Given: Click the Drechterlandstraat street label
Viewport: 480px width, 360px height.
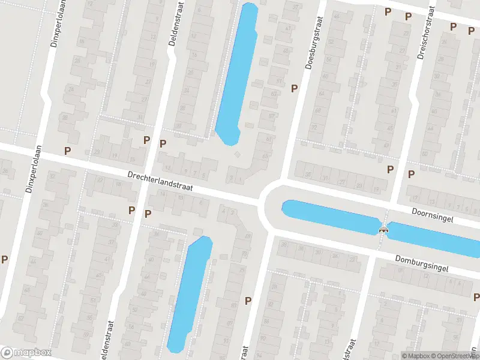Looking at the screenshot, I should pos(160,181).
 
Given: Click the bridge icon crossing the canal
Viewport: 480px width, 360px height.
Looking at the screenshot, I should pos(383,229).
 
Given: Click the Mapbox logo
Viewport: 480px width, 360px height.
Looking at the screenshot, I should pos(26,352).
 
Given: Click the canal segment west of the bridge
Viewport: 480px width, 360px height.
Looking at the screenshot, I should pos(330,216).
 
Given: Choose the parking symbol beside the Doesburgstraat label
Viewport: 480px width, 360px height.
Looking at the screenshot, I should pos(294,88).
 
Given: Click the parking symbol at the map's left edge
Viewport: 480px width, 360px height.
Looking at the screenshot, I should pos(5,260).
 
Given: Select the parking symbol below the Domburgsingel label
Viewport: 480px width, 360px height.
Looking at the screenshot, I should pos(476,297).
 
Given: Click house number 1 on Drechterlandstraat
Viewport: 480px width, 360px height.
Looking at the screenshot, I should pos(240,179).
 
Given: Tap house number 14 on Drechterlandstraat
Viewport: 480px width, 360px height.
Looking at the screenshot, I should pos(163,194).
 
